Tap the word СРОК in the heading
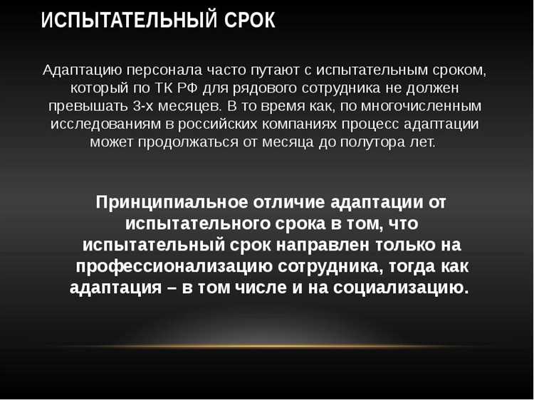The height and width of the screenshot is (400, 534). (x=248, y=21)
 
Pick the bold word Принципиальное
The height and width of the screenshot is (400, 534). (x=172, y=201)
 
